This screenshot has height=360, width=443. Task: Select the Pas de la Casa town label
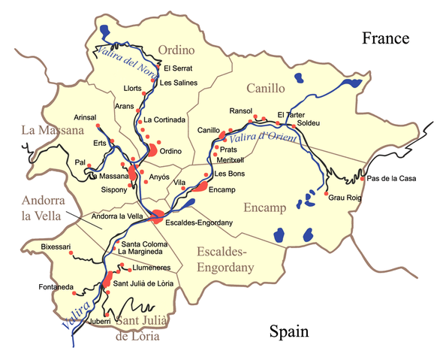[392, 179]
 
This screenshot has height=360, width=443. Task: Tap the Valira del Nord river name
[123, 61]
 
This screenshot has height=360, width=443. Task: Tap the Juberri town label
[99, 321]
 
